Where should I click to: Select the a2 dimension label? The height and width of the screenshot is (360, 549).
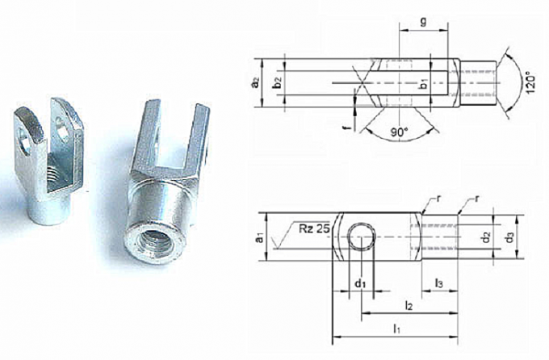256,82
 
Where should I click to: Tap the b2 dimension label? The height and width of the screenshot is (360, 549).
277,82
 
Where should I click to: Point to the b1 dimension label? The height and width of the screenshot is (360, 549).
423,84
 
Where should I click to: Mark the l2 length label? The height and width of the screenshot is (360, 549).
409,306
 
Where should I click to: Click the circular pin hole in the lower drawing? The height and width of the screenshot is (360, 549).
361,239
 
